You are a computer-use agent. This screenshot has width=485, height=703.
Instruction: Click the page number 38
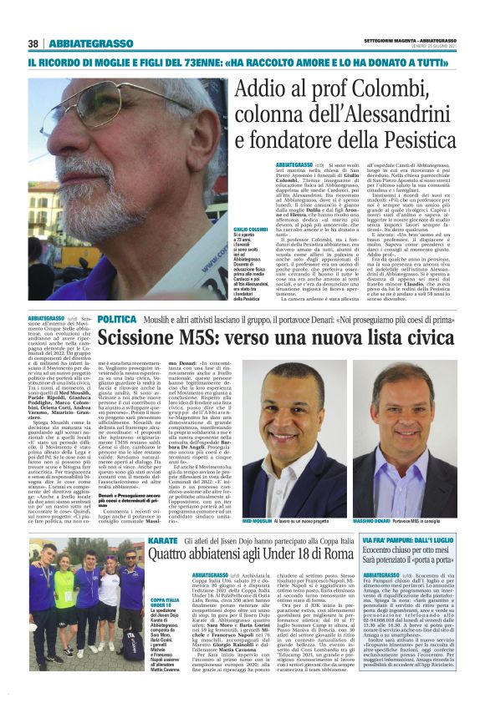[34, 43]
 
